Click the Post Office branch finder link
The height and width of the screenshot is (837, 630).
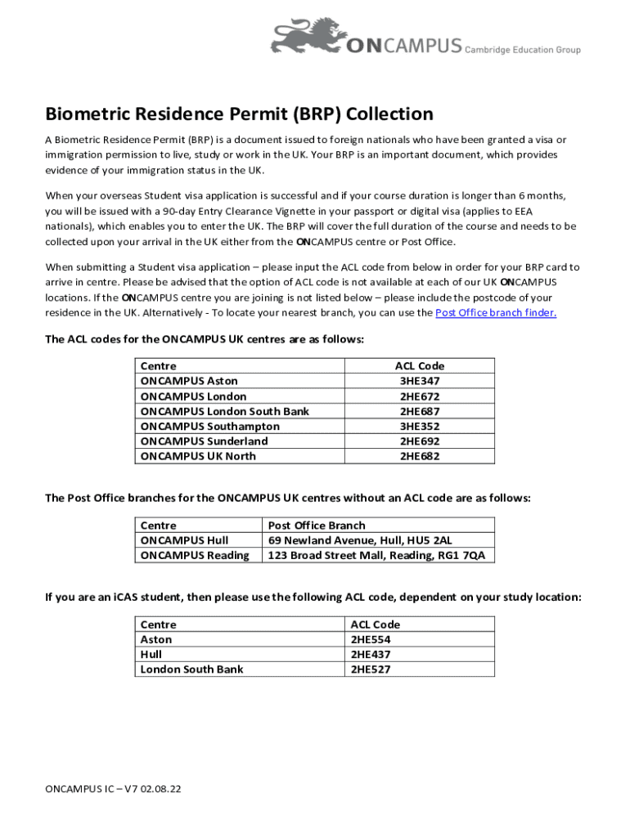pyautogui.click(x=496, y=313)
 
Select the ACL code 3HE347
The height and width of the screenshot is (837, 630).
pyautogui.click(x=420, y=381)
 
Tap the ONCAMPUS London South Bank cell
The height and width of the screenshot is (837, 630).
pyautogui.click(x=225, y=411)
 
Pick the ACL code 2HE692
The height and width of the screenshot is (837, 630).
pyautogui.click(x=420, y=441)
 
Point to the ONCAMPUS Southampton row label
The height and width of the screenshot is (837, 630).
pyautogui.click(x=210, y=427)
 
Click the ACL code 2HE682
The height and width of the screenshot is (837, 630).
pyautogui.click(x=420, y=456)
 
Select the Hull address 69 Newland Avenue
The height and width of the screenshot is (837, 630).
pyautogui.click(x=360, y=540)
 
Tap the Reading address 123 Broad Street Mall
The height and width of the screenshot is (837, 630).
pyautogui.click(x=376, y=555)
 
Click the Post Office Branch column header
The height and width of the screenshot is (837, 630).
pyautogui.click(x=317, y=526)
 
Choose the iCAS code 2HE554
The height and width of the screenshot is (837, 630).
pyautogui.click(x=371, y=639)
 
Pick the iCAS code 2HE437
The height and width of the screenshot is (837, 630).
pyautogui.click(x=371, y=654)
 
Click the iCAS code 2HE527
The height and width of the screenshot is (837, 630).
pyautogui.click(x=371, y=669)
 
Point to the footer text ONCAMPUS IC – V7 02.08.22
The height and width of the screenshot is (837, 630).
pyautogui.click(x=113, y=790)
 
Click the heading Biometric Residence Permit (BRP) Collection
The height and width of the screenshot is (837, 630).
pyautogui.click(x=239, y=114)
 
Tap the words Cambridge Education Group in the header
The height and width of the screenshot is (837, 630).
pyautogui.click(x=523, y=50)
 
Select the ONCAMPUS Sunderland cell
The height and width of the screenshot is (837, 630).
pyautogui.click(x=205, y=441)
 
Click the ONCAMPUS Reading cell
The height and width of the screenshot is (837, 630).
pyautogui.click(x=195, y=555)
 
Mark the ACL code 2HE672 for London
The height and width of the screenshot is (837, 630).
pyautogui.click(x=420, y=396)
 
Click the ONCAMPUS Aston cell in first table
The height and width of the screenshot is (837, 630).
pyautogui.click(x=190, y=381)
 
